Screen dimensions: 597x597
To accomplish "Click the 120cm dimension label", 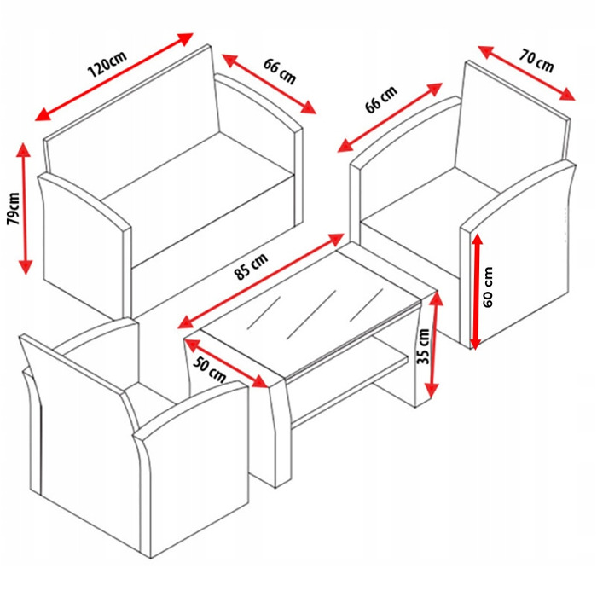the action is [x=107, y=64].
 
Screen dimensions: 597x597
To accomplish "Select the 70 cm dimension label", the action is [x=536, y=61].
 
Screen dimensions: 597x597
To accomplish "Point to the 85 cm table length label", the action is [x=252, y=266].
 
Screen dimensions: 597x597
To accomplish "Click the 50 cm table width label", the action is [x=209, y=369].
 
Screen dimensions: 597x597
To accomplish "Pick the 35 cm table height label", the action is [x=423, y=346].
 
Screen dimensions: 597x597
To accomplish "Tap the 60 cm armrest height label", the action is [x=488, y=287].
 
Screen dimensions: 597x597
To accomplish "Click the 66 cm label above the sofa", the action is [x=280, y=71].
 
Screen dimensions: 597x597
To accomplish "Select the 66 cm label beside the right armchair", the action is [x=381, y=99].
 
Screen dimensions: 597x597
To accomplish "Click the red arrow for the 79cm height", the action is [x=25, y=208].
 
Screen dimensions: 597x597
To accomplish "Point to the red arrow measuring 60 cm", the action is [x=476, y=292].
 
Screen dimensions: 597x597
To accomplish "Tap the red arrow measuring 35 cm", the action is [x=434, y=345].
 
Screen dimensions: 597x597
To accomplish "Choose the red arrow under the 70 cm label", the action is [x=526, y=72].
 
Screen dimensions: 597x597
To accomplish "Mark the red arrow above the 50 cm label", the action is [x=226, y=362].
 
